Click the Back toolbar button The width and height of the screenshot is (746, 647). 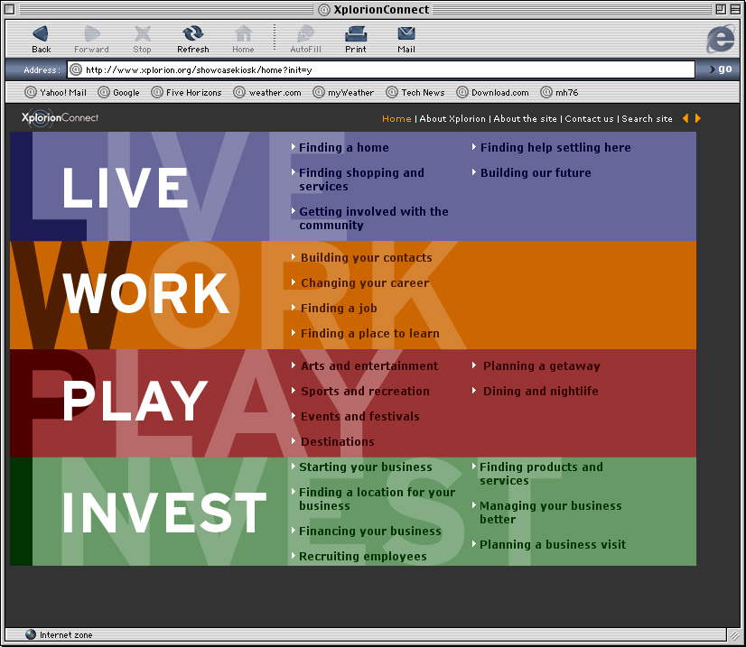[x=41, y=39]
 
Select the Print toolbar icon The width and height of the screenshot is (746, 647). [x=356, y=39]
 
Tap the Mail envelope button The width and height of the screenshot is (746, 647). [x=406, y=39]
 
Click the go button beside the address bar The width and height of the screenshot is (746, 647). [x=721, y=69]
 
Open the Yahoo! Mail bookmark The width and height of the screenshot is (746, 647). [x=56, y=92]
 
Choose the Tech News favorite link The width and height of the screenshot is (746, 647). [x=415, y=92]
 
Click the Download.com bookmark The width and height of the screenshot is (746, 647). [x=492, y=92]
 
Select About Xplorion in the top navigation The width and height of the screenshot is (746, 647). [x=452, y=119]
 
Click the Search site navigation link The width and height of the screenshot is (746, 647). [x=647, y=119]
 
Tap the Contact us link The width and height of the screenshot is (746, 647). [x=589, y=119]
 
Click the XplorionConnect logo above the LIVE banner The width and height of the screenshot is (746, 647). [x=60, y=118]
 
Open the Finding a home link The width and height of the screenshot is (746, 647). [x=343, y=147]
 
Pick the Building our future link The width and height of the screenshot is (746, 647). [x=536, y=172]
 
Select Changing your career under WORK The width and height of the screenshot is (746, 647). [x=365, y=282]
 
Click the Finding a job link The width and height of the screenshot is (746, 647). [x=339, y=308]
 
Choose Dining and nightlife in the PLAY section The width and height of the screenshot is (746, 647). [x=540, y=391]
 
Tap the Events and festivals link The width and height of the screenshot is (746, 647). [x=360, y=416]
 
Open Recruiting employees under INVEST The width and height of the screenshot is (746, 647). [x=362, y=556]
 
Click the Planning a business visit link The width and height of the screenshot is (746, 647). [x=553, y=544]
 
